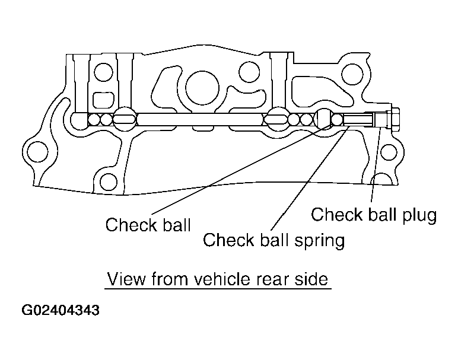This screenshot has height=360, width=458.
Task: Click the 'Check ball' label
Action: coord(148,225)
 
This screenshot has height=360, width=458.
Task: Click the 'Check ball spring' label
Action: coord(273,240)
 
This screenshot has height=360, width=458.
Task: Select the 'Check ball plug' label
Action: coord(374,214)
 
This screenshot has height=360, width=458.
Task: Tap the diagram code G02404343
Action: coord(61,310)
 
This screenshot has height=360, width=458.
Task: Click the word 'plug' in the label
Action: coord(418,215)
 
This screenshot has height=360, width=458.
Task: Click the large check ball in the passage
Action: coord(325,119)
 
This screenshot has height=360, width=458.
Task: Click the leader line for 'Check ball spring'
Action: coord(308,178)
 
